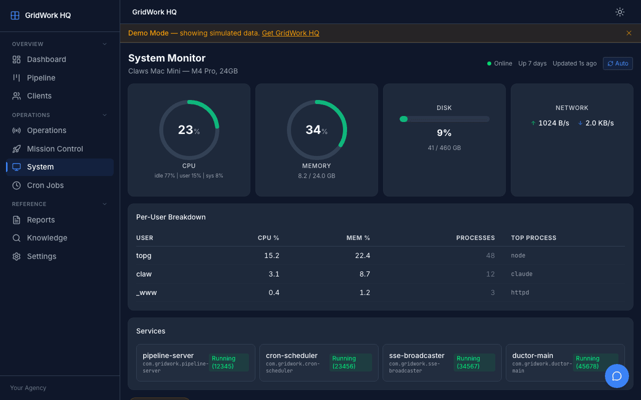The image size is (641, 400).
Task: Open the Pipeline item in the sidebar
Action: [41, 77]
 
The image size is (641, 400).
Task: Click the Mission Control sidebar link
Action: [55, 148]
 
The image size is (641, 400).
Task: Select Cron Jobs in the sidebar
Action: [45, 185]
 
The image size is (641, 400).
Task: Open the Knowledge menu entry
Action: [47, 238]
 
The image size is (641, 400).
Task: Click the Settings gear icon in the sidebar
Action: [17, 256]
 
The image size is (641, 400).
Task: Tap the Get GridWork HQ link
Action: [290, 33]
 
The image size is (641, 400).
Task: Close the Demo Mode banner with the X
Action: [629, 33]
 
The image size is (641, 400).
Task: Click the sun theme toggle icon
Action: [620, 12]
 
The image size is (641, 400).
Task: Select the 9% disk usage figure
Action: [444, 133]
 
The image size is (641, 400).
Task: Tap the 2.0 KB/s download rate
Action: [599, 123]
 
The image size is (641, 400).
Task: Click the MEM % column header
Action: [358, 238]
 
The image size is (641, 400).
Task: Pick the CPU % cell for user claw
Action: [274, 274]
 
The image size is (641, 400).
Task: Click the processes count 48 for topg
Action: [490, 255]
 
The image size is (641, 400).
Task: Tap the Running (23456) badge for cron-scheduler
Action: [350, 362]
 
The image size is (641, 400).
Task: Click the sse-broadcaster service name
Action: [417, 355]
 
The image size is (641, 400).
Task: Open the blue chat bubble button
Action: [617, 376]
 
